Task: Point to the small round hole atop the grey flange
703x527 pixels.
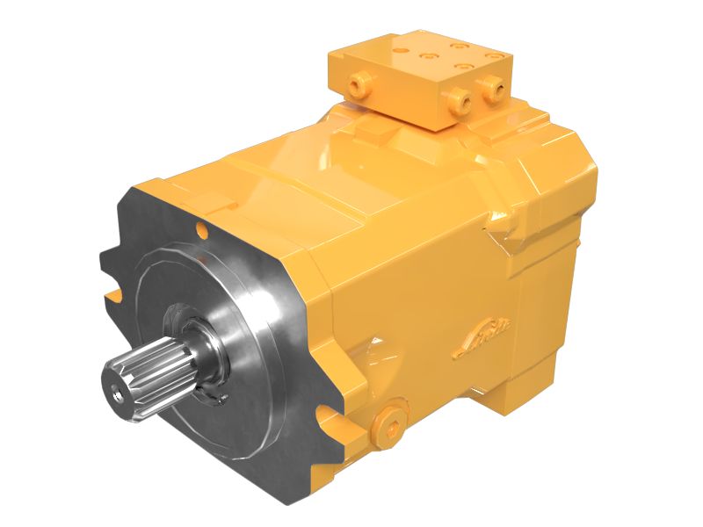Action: coord(203,230)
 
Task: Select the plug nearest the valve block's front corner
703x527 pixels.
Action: coord(458,103)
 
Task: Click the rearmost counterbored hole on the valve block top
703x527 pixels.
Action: coord(457,44)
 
